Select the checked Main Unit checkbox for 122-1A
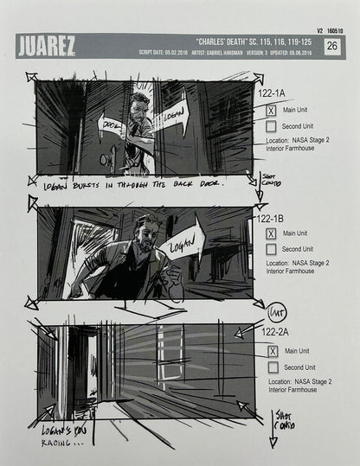pyautogui.click(x=271, y=110)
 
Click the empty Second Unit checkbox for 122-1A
pyautogui.click(x=271, y=126)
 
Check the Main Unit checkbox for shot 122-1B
pyautogui.click(x=271, y=233)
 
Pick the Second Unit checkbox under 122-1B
pyautogui.click(x=271, y=249)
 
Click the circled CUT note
pyautogui.click(x=276, y=311)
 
